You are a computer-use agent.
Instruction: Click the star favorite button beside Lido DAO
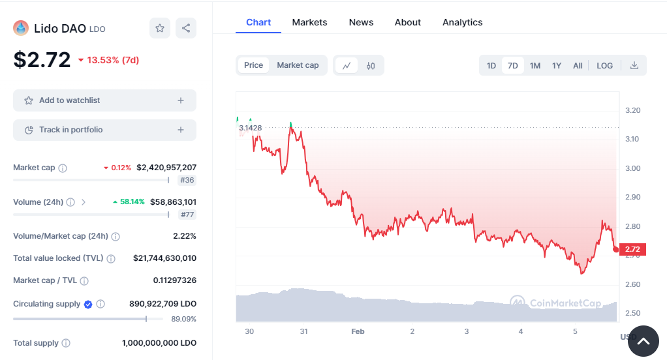click(x=160, y=28)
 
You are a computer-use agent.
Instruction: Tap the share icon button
click(x=186, y=28)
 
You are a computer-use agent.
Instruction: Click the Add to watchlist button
click(x=104, y=100)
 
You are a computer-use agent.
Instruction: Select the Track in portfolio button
click(x=104, y=130)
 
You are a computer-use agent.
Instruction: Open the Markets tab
click(x=309, y=22)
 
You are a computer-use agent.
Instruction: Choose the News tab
click(x=361, y=22)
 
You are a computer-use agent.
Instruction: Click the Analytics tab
click(x=462, y=22)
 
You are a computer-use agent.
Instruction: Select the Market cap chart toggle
click(x=298, y=65)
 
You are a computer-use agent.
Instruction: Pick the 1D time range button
click(x=491, y=65)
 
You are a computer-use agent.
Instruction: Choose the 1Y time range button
click(x=557, y=65)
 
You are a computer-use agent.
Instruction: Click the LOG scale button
click(x=604, y=65)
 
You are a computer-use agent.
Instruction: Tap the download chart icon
click(x=634, y=65)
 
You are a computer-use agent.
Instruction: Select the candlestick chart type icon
click(x=371, y=65)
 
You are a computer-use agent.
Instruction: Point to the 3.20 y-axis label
click(x=632, y=110)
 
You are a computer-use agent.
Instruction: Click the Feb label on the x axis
click(x=358, y=331)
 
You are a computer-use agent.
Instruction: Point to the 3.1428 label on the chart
click(x=251, y=128)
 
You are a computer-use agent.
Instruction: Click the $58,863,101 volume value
click(x=173, y=202)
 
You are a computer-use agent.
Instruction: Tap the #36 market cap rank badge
click(x=187, y=180)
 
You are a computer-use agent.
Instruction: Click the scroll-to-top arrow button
click(x=643, y=341)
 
